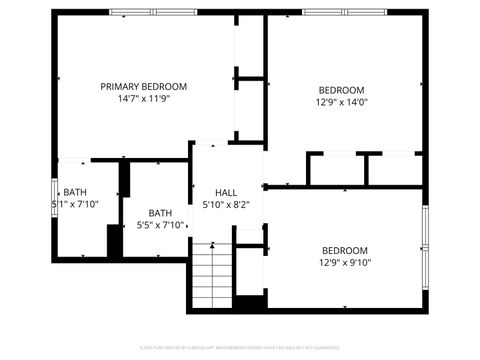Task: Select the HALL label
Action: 226,193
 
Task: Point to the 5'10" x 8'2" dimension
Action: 226,205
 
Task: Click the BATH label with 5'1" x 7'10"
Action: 75,192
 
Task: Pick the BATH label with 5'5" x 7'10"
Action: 160,212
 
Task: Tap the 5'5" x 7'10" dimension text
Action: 160,225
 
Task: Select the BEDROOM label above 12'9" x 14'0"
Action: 341,89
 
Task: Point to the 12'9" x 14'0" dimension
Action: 341,101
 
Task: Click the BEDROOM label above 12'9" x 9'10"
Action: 344,250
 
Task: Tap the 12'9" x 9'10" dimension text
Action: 344,263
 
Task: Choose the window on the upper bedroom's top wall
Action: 344,12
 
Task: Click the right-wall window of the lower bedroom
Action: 425,231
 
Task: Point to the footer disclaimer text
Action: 240,350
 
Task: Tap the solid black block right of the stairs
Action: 250,302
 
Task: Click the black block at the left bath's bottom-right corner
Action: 114,241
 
